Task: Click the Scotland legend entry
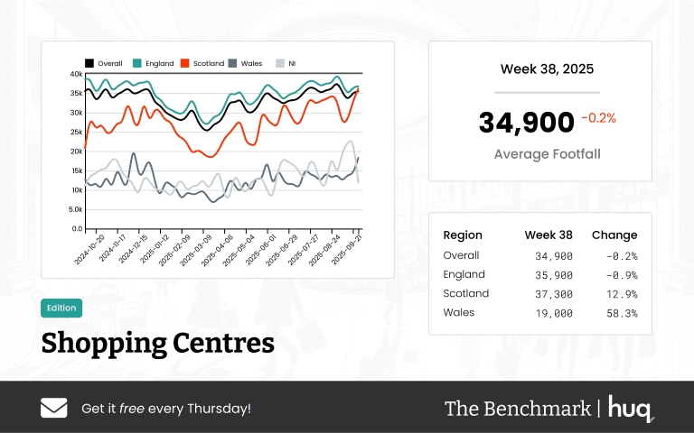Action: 202,63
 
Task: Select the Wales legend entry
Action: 245,63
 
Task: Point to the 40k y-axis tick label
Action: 76,74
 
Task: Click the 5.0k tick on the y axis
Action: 75,209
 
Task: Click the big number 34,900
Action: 526,123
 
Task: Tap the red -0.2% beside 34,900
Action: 598,118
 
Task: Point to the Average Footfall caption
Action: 547,154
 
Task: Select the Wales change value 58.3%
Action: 623,313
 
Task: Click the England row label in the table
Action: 464,274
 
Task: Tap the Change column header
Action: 614,235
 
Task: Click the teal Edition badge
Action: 61,308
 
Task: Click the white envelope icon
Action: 54,408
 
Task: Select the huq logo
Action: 630,408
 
